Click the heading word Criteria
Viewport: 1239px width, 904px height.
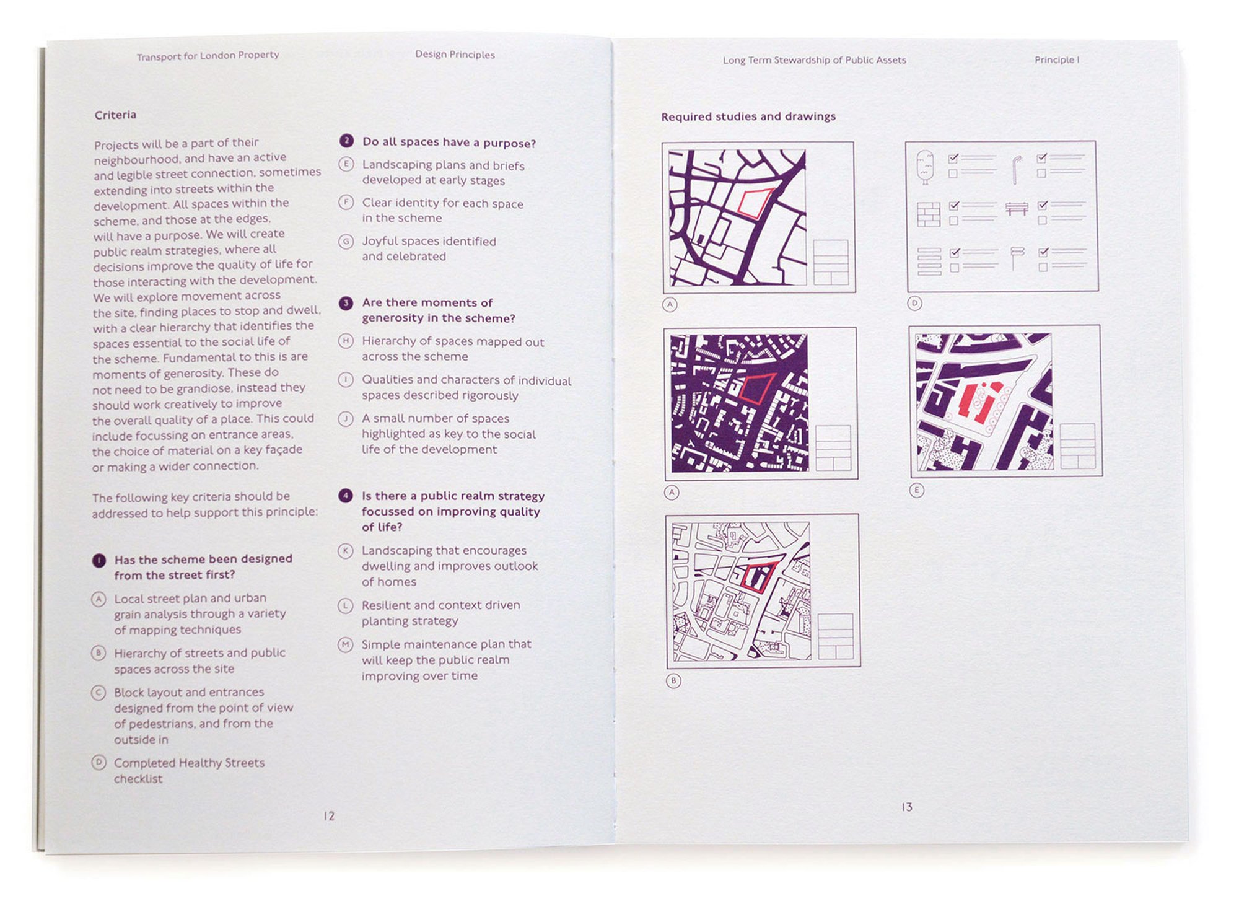pos(115,115)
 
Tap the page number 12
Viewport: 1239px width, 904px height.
pos(329,816)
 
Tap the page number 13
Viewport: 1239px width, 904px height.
pos(907,807)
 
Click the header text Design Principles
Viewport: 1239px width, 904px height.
pos(455,55)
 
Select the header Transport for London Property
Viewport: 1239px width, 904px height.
pos(208,56)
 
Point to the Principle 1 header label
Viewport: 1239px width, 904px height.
pos(1057,60)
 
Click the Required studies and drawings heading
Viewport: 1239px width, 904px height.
pos(748,116)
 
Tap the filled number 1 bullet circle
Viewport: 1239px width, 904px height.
pos(99,560)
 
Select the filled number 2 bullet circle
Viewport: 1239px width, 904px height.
pos(347,141)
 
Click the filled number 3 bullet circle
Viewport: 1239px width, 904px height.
pos(346,303)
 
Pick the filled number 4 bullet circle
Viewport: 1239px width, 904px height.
pos(346,496)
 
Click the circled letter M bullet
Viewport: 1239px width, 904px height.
pos(345,645)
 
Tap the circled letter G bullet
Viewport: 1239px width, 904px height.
pos(346,242)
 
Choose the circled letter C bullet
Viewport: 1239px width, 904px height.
pos(99,693)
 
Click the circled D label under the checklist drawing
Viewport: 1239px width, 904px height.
pos(915,303)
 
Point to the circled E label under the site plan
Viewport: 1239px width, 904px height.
pos(917,490)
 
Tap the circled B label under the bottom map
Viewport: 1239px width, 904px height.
pos(673,681)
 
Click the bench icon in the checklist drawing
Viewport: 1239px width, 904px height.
pos(1017,209)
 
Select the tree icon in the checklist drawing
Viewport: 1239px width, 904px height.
pos(925,167)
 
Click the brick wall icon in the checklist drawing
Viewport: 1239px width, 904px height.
pos(929,214)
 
